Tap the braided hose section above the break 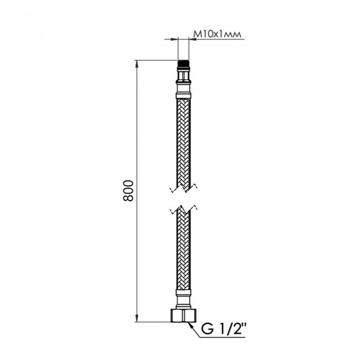tap(183, 139)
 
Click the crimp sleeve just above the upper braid tap(183, 94)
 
